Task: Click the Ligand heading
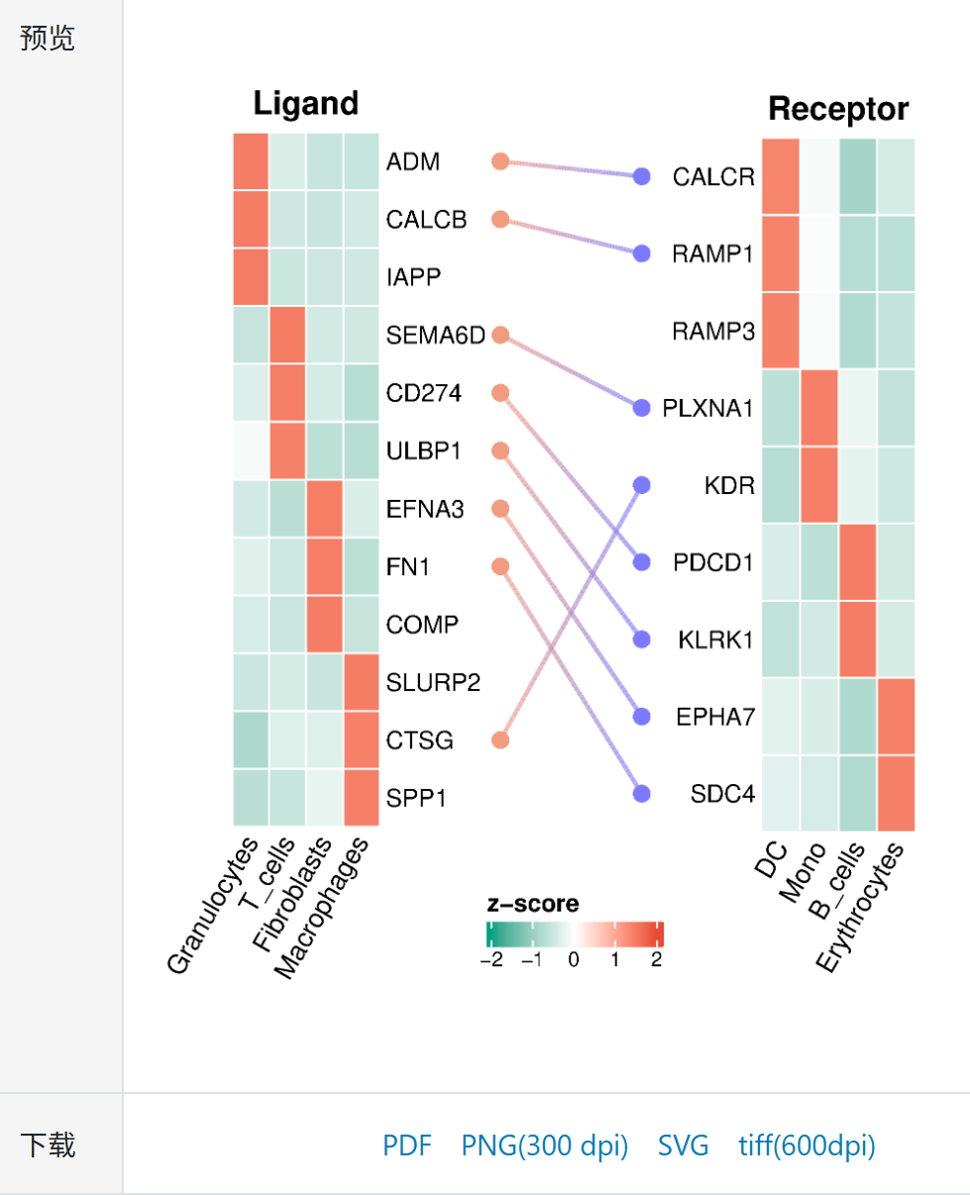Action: pyautogui.click(x=305, y=103)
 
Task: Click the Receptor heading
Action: pyautogui.click(x=837, y=109)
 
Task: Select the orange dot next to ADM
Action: pyautogui.click(x=500, y=160)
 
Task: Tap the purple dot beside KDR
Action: pyautogui.click(x=641, y=485)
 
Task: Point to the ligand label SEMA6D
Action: pyautogui.click(x=436, y=336)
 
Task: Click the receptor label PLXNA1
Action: pyautogui.click(x=708, y=408)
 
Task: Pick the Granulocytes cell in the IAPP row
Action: pyautogui.click(x=252, y=276)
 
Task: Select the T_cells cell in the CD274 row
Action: pyautogui.click(x=288, y=393)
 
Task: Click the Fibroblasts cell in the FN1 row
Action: pyautogui.click(x=325, y=567)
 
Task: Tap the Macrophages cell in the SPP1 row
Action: pyautogui.click(x=362, y=796)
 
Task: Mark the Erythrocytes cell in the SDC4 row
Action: pyautogui.click(x=896, y=793)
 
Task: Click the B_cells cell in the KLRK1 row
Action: pyautogui.click(x=857, y=640)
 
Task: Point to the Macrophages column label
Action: pyautogui.click(x=325, y=906)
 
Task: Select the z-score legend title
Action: pyautogui.click(x=533, y=904)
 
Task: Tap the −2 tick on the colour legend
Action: pyautogui.click(x=490, y=959)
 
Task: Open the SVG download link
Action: pyautogui.click(x=683, y=1145)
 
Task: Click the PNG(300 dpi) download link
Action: pyautogui.click(x=544, y=1145)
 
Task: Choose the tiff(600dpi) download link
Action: pyautogui.click(x=807, y=1145)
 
